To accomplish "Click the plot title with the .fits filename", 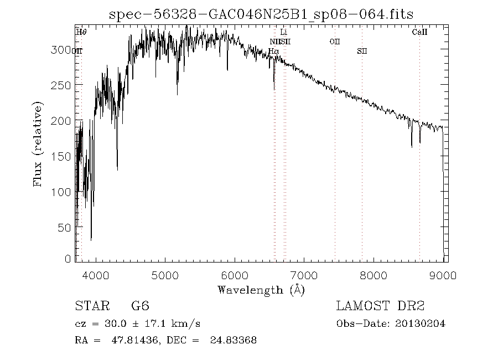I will tap(262, 13).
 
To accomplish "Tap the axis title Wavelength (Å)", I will tap(261, 290).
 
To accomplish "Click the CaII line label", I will tap(419, 33).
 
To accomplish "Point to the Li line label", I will tap(284, 33).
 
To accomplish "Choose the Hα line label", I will tap(273, 52).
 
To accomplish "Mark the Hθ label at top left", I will tap(81, 33).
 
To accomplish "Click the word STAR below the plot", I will tap(92, 306).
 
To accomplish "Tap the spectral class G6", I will tap(140, 306).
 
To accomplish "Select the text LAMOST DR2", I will tap(380, 306).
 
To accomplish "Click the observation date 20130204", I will tap(419, 323).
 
